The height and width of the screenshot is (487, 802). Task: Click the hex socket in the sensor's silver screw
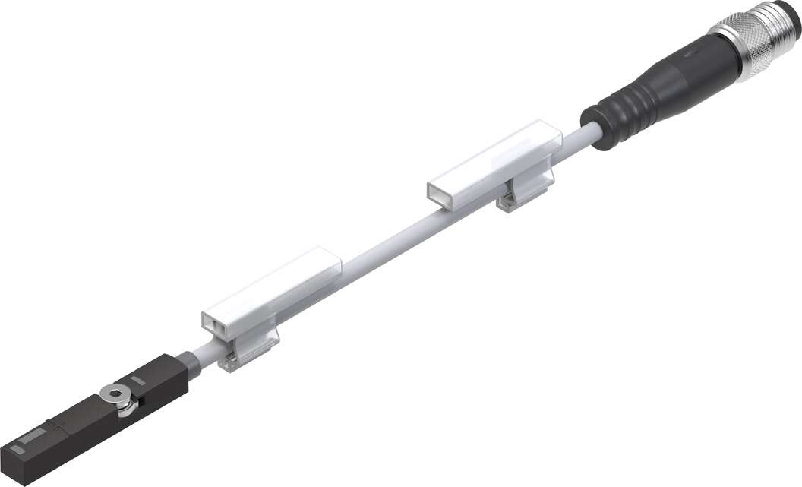tap(115, 393)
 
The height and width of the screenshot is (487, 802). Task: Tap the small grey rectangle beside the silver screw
tap(137, 378)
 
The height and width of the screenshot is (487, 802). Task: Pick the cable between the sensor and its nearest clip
tap(201, 353)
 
